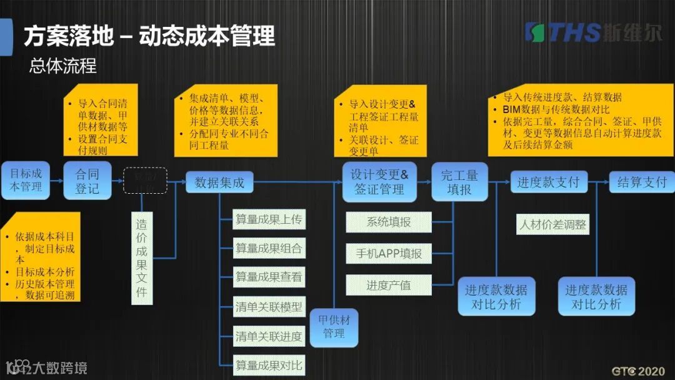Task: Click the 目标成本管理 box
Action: pyautogui.click(x=25, y=180)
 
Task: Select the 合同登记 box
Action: pyautogui.click(x=87, y=180)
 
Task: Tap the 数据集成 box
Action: pyautogui.click(x=219, y=182)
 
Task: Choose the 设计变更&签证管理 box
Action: pyautogui.click(x=379, y=182)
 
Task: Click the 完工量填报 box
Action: pyautogui.click(x=459, y=182)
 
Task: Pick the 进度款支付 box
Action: pyautogui.click(x=549, y=182)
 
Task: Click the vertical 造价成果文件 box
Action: pyautogui.click(x=142, y=258)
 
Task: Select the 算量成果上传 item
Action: pyautogui.click(x=269, y=219)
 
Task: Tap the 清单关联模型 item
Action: pyautogui.click(x=269, y=307)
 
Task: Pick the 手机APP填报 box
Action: pyautogui.click(x=389, y=253)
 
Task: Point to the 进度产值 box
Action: pyautogui.click(x=389, y=285)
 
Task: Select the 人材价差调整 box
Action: pyautogui.click(x=552, y=224)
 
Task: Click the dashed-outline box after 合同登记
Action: pyautogui.click(x=145, y=180)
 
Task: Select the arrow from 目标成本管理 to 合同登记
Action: pyautogui.click(x=57, y=181)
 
